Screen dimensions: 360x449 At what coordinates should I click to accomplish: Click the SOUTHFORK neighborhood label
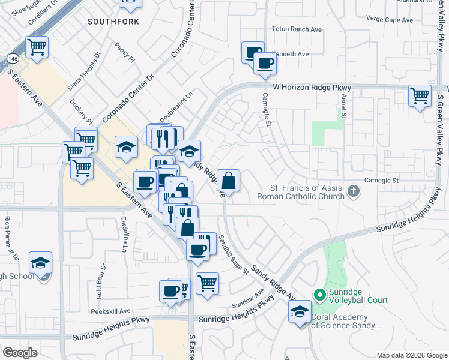point(113,22)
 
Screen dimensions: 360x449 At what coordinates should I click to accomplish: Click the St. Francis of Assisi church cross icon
point(354,192)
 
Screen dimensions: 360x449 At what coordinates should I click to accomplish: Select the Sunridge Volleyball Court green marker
point(319,295)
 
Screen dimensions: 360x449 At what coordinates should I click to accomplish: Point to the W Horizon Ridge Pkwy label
point(311,87)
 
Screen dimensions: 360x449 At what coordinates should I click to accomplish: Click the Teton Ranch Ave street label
point(297,29)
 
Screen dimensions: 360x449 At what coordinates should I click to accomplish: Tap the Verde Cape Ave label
point(390,20)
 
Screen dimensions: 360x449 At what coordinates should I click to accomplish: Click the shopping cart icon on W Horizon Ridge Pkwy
point(420,95)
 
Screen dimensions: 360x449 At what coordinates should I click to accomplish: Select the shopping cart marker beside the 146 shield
point(37,46)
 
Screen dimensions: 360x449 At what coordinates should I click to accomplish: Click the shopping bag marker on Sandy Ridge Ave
point(228,179)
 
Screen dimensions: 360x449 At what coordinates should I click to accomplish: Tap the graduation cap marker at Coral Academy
point(300,311)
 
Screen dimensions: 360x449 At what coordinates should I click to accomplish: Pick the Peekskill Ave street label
point(110,311)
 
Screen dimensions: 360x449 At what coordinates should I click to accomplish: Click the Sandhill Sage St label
point(233,254)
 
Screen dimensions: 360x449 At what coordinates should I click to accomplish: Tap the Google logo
point(20,352)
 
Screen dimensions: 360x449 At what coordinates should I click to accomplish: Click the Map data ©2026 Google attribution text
point(412,355)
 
